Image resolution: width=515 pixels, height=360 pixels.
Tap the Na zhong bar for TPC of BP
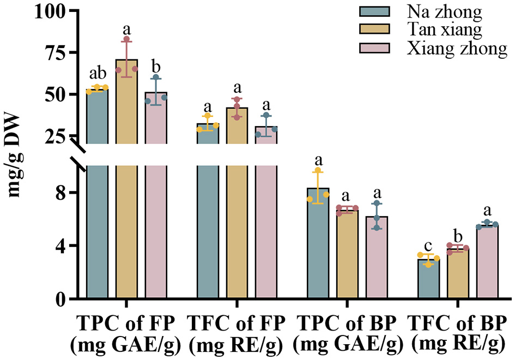tap(318, 245)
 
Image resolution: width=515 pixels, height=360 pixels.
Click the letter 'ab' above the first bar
tap(97, 74)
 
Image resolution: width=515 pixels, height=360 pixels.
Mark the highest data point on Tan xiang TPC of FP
tap(126, 39)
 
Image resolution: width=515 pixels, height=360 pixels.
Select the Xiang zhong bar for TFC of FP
tap(266, 218)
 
